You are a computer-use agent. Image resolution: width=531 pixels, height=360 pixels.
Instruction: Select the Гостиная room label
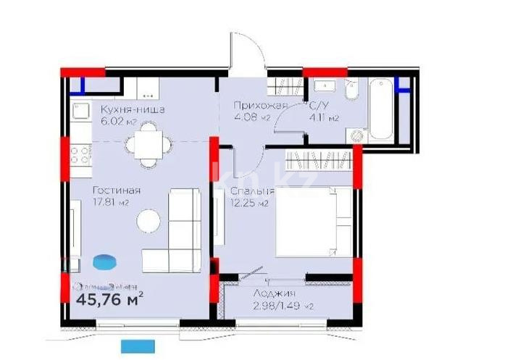click(x=116, y=190)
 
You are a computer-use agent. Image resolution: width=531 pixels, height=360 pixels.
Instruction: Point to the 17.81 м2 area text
click(x=110, y=203)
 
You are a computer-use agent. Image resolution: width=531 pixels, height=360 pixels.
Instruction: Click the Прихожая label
click(x=260, y=106)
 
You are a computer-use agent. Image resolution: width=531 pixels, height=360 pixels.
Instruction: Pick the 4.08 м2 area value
click(x=251, y=117)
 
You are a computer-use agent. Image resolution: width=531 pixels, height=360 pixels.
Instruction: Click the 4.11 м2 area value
click(x=323, y=117)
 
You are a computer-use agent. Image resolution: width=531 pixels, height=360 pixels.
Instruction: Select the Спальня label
click(x=251, y=191)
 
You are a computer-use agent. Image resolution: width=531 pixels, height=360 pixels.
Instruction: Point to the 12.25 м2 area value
click(x=249, y=204)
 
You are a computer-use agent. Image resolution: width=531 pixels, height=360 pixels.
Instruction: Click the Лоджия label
click(x=274, y=293)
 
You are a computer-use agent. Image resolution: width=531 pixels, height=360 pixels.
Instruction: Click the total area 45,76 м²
click(x=109, y=297)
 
